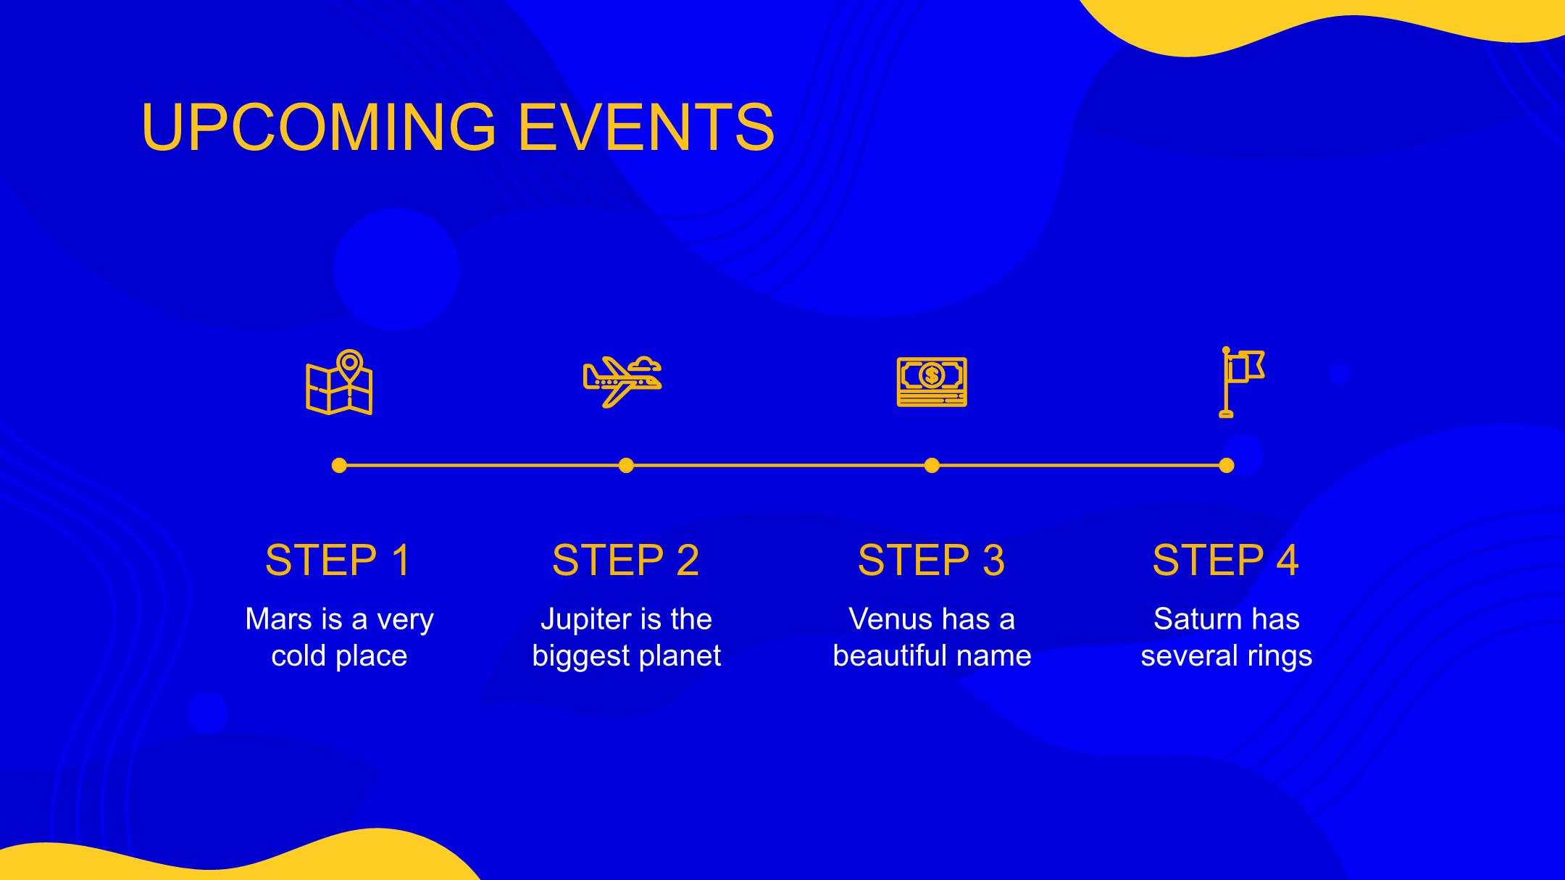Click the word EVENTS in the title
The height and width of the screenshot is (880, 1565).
coord(646,127)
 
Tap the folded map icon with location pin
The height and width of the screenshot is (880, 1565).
coord(339,382)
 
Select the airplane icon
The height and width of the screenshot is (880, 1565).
coord(622,381)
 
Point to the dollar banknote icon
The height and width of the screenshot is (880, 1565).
coord(932,382)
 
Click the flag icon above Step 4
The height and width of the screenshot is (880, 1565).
coord(1242,382)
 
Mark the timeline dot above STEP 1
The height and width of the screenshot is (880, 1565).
coord(339,465)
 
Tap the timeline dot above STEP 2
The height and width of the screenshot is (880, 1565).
coord(626,465)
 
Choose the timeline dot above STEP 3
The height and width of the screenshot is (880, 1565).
coord(932,465)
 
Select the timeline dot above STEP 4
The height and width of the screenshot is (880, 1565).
coord(1226,465)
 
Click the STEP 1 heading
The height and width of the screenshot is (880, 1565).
coord(338,560)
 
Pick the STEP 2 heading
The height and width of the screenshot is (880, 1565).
coord(626,560)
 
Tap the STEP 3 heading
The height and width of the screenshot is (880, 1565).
coord(932,560)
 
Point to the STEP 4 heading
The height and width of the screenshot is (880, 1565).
coord(1226,560)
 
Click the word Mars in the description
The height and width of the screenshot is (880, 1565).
coord(279,619)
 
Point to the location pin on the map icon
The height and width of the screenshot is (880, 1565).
coord(350,364)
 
